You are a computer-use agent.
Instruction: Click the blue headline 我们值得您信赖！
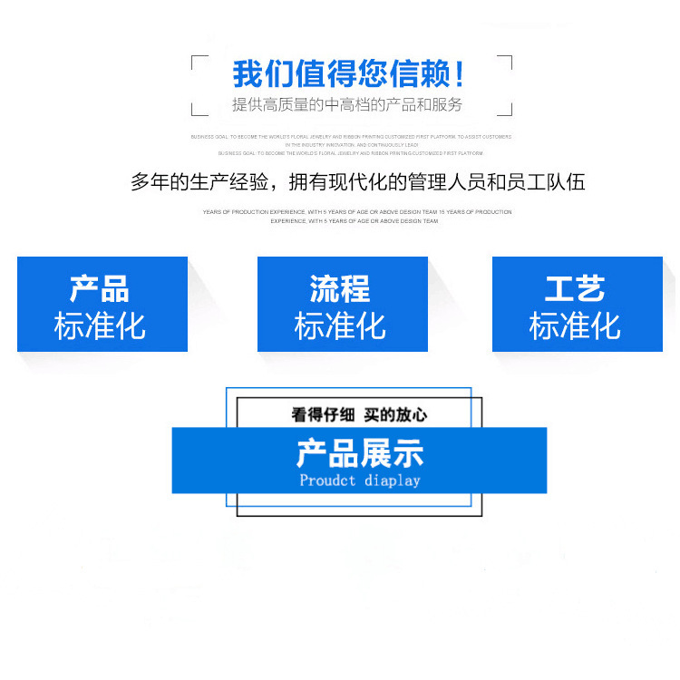click(350, 73)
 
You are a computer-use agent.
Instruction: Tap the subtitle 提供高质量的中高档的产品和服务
click(347, 105)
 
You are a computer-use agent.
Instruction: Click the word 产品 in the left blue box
click(100, 289)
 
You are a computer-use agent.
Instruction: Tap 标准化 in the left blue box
click(100, 325)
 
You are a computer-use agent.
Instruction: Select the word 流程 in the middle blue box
click(340, 289)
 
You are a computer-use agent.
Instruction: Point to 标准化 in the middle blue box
click(340, 325)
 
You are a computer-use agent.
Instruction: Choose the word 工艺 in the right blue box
click(575, 289)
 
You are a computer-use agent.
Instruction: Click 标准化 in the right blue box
click(575, 325)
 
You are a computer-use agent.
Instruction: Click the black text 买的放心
click(395, 414)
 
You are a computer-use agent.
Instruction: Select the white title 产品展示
click(359, 453)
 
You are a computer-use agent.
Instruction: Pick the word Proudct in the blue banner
click(327, 480)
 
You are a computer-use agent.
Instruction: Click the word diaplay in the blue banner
click(393, 480)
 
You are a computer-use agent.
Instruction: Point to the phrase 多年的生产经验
click(199, 182)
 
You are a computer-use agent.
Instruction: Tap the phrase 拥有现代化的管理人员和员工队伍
click(437, 182)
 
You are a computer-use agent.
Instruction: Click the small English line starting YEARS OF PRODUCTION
click(358, 212)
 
